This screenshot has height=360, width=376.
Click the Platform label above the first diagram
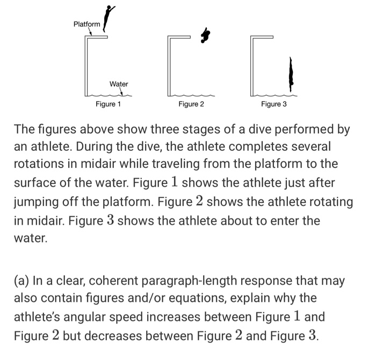(x=86, y=24)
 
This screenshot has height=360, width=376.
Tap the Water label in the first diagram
(x=119, y=84)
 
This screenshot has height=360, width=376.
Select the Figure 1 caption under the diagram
(x=108, y=104)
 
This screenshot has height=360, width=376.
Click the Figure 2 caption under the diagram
(x=191, y=104)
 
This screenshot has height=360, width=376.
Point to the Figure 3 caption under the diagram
(x=274, y=104)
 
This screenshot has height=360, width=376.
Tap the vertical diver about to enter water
(x=291, y=74)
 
